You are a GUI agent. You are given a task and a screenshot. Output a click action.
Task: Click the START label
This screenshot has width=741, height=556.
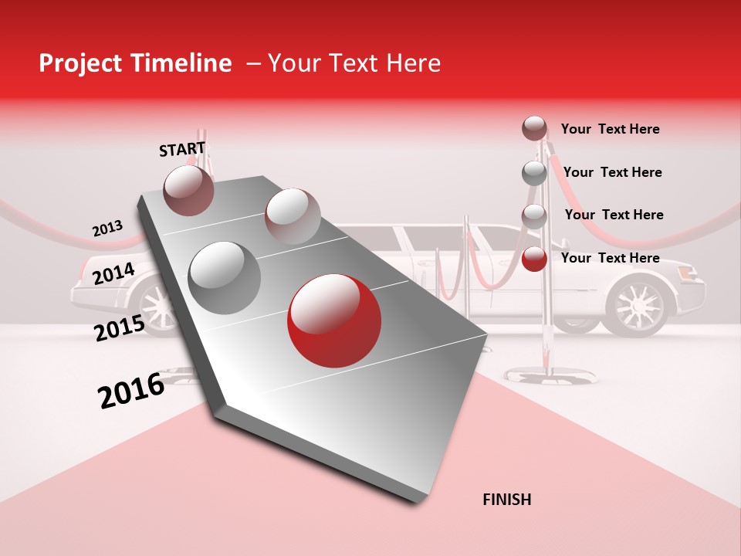click(x=182, y=149)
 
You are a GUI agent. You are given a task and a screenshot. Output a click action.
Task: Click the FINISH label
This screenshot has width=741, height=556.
click(x=507, y=500)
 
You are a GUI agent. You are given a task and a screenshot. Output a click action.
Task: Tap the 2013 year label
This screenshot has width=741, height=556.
click(x=107, y=229)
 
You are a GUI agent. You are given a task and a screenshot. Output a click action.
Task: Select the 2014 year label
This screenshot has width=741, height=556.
click(x=113, y=273)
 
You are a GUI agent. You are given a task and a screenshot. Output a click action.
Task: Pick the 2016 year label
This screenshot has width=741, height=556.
click(x=131, y=391)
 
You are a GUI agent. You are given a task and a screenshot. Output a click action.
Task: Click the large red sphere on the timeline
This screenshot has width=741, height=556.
click(x=333, y=321)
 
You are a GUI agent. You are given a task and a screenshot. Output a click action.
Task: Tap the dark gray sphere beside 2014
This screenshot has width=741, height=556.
click(x=225, y=276)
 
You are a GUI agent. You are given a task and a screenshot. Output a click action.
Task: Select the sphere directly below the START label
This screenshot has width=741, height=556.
click(x=189, y=189)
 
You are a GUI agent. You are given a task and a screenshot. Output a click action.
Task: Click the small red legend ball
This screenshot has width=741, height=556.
click(x=534, y=259)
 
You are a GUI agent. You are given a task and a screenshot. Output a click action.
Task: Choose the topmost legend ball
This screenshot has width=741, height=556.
click(x=534, y=128)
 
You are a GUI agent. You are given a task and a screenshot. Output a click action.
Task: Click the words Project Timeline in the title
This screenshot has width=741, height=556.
click(x=135, y=63)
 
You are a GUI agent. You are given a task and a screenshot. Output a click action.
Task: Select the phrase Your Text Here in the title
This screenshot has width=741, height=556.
click(x=354, y=63)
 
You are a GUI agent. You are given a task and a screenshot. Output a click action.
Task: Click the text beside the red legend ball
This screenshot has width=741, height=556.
click(x=610, y=258)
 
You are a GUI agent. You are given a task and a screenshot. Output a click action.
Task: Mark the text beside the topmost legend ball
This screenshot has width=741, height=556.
click(x=610, y=129)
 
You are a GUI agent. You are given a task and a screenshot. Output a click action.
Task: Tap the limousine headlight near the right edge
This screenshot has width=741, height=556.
click(x=692, y=273)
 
